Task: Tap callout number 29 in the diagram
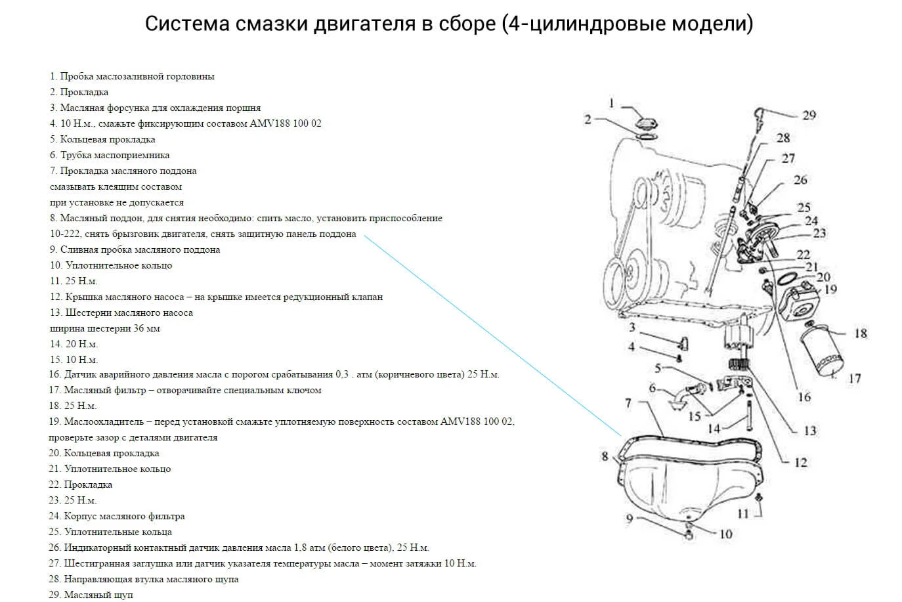point(809,115)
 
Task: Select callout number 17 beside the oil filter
point(854,378)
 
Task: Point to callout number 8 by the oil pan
point(605,456)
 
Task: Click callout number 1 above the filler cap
point(611,103)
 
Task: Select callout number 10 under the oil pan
point(725,534)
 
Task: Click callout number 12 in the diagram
point(800,462)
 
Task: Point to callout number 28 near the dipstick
point(783,138)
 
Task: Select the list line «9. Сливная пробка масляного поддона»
point(135,249)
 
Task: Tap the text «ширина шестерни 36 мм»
point(105,328)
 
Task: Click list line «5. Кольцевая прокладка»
point(102,139)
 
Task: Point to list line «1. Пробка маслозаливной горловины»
point(132,76)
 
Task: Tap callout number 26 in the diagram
point(800,180)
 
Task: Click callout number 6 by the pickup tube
point(652,388)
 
